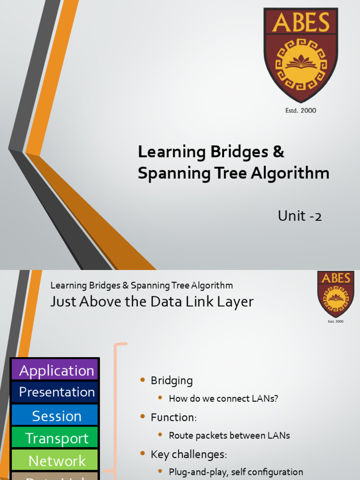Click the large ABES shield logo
pos(300,54)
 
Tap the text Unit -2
pos(300,216)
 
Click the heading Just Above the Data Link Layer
pos(152,302)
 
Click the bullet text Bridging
pos(172,381)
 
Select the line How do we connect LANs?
pos(223,398)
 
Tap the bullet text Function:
pos(173,417)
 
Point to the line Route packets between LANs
pos(229,435)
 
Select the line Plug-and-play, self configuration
pos(236,472)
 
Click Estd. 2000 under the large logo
pos(300,111)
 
